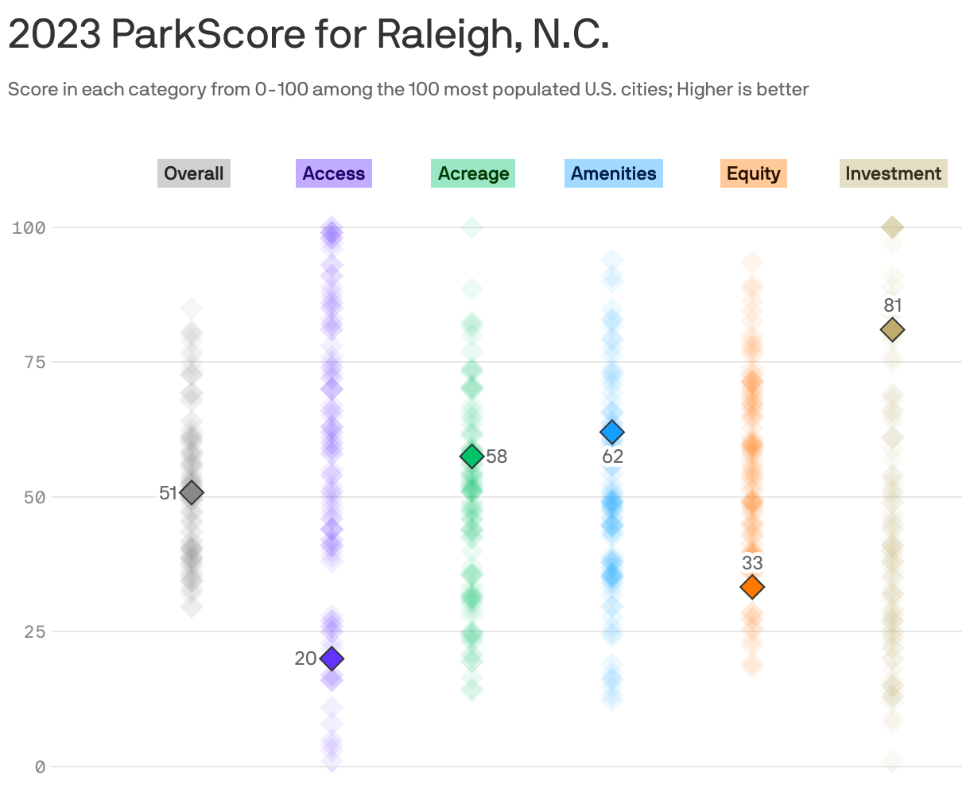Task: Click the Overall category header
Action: (x=194, y=173)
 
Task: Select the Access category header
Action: (x=334, y=173)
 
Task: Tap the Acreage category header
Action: (x=473, y=173)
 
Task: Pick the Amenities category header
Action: (x=613, y=173)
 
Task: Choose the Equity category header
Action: (x=753, y=173)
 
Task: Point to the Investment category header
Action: (x=893, y=173)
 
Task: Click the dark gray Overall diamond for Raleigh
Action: (x=192, y=493)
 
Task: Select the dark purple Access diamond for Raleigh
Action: (x=332, y=658)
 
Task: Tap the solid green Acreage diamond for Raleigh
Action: (x=471, y=456)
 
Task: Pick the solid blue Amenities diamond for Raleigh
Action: (x=611, y=432)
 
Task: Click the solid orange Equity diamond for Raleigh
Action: (x=752, y=587)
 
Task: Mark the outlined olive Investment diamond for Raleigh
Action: (x=892, y=329)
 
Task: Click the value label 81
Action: (x=892, y=305)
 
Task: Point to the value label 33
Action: (x=752, y=563)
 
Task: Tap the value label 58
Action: (x=496, y=456)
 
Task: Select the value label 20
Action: (x=305, y=658)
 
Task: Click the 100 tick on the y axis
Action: (x=29, y=228)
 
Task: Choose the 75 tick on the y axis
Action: (x=33, y=362)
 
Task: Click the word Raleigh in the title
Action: (x=443, y=34)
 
